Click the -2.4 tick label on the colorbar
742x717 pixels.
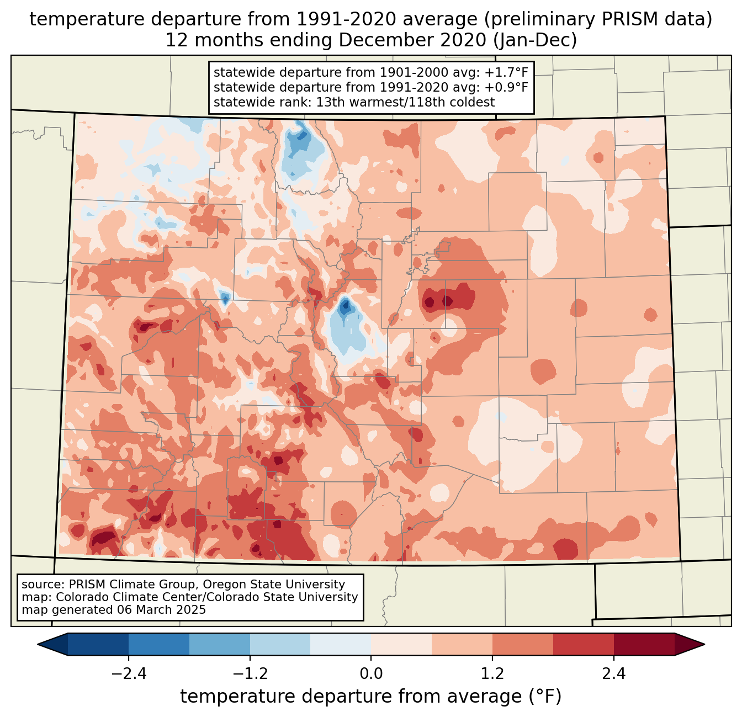pos(129,674)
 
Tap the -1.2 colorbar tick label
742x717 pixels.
pos(250,674)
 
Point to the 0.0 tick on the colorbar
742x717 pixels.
pos(371,674)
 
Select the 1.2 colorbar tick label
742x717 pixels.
pos(492,674)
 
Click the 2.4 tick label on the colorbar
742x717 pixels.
pos(613,674)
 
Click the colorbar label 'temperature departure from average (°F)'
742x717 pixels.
pos(371,697)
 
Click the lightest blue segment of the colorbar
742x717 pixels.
pos(341,644)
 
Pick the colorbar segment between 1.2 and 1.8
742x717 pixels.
pos(522,644)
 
